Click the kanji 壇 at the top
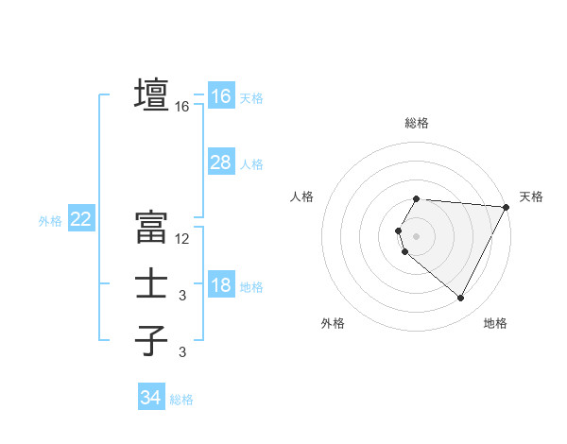tap(152, 95)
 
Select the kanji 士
tap(152, 284)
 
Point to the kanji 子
tap(152, 339)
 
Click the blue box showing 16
tap(221, 95)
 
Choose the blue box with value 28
tap(221, 162)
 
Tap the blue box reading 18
tap(221, 285)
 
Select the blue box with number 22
tap(81, 220)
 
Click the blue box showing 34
tap(151, 398)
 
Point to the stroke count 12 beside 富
tap(182, 239)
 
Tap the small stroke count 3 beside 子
tap(182, 352)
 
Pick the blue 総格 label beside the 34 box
tap(181, 400)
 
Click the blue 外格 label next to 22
tap(50, 221)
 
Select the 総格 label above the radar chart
tap(417, 123)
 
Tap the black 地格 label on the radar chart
tap(495, 323)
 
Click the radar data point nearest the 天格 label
tap(507, 207)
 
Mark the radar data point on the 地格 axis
tap(461, 299)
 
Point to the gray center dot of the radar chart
tap(417, 236)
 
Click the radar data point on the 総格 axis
tap(417, 198)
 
